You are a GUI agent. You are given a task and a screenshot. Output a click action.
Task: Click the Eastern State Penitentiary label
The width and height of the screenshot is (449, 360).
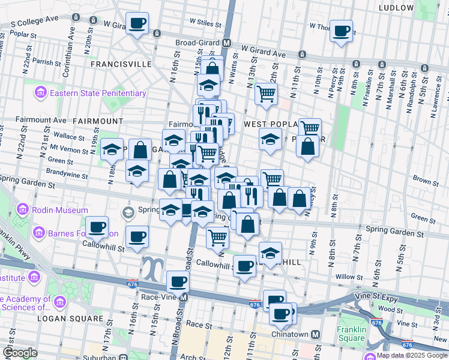click(x=98, y=93)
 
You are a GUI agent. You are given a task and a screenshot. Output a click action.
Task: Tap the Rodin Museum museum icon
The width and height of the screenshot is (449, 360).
click(x=23, y=211)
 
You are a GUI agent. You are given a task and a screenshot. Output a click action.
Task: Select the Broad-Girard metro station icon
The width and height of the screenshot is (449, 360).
click(x=227, y=43)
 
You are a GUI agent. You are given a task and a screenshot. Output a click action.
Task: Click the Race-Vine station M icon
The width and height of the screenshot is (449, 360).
click(x=184, y=297)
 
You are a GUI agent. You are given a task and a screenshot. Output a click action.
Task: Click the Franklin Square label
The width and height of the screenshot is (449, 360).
click(x=351, y=334)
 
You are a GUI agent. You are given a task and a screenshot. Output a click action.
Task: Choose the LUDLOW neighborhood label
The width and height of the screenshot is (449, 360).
click(x=397, y=8)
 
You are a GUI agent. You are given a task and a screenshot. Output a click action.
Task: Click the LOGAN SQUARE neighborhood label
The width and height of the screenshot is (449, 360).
click(x=70, y=318)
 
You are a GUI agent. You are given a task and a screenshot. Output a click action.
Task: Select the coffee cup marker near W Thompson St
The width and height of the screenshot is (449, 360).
click(x=342, y=31)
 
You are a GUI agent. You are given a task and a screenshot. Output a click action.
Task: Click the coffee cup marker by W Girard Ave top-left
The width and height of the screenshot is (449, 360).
click(x=137, y=23)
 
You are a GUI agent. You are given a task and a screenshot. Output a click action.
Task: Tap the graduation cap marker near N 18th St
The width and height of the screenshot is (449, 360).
click(x=112, y=149)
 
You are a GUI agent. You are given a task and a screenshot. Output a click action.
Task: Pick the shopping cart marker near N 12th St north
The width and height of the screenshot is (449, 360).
click(x=266, y=92)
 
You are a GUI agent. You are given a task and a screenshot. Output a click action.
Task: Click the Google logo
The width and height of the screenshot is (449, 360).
click(x=20, y=353)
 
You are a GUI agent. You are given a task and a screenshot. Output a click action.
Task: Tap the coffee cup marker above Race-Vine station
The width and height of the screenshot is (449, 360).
click(x=178, y=281)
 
